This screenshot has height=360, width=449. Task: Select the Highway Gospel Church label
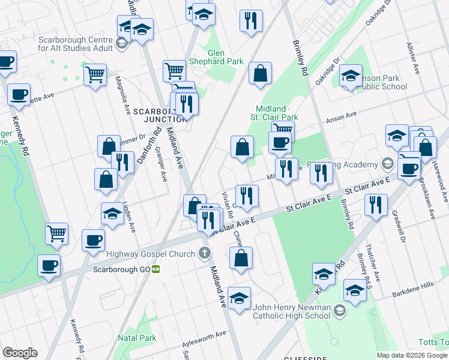coord(150,254)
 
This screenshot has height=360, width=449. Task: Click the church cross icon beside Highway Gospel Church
coord(206,254)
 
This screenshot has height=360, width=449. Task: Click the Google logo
coord(20,353)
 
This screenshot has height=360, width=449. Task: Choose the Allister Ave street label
coord(414,58)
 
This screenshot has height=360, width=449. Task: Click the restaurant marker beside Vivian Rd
coord(247,195)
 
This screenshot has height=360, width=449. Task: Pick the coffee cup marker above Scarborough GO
coord(92,241)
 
